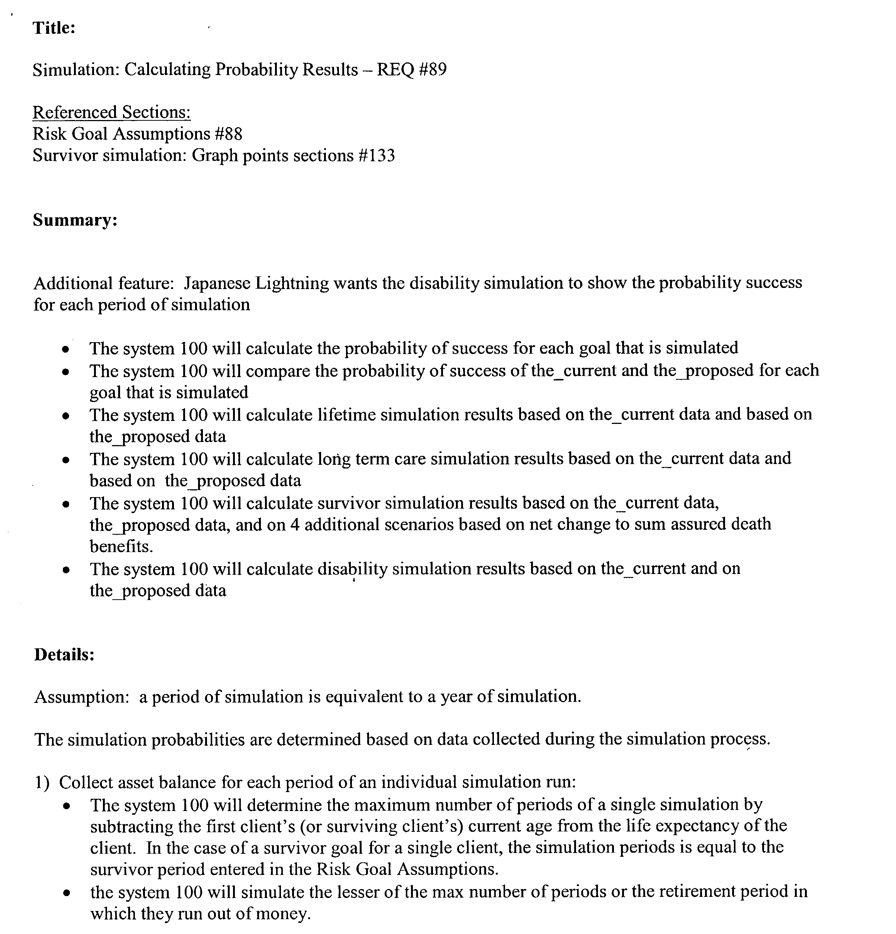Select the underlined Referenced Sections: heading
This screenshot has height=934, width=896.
[111, 113]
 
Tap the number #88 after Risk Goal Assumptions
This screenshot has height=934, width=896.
[228, 134]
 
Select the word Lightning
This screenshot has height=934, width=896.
[292, 283]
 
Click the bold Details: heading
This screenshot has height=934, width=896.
[64, 655]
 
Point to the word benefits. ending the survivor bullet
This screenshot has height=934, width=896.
[122, 546]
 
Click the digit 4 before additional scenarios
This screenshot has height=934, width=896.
[295, 525]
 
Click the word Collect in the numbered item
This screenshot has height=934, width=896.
[86, 782]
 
